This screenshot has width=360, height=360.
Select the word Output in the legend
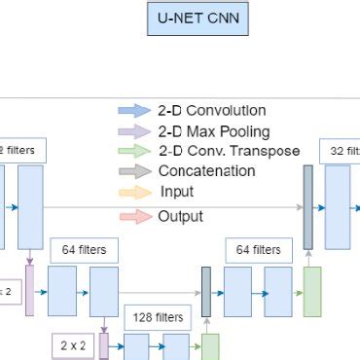(x=180, y=216)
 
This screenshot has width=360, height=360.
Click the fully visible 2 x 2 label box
(x=74, y=344)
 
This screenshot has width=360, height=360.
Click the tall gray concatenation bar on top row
(x=307, y=207)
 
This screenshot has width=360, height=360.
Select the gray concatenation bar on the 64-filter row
(x=206, y=290)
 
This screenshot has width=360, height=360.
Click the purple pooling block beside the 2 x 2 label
(x=104, y=345)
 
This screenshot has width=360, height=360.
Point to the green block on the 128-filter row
(x=210, y=347)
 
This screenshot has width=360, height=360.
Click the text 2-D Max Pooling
(x=214, y=131)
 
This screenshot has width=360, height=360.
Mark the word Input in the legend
(x=176, y=193)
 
